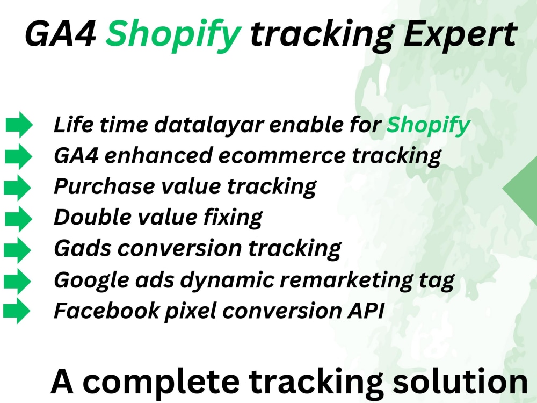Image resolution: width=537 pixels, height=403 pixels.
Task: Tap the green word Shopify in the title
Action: tap(173, 35)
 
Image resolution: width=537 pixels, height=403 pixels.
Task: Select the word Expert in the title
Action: tap(460, 35)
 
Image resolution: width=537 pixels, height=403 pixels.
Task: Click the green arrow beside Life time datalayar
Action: tap(19, 125)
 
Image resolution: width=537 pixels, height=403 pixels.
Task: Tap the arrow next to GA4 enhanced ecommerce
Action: tap(19, 156)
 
